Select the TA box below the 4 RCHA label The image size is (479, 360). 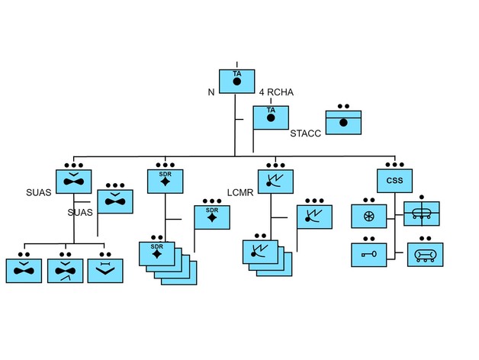tap(271, 117)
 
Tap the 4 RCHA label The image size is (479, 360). tap(275, 92)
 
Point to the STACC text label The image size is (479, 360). tap(307, 133)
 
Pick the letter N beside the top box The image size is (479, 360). tap(211, 92)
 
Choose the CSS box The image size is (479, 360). tap(394, 180)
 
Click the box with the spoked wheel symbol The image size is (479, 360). tap(369, 217)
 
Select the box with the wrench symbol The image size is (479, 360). tap(369, 253)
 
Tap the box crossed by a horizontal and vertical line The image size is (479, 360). tap(421, 214)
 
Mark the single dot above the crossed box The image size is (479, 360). tap(421, 197)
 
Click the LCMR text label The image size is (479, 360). tap(239, 191)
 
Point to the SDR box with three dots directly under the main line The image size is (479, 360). tap(165, 180)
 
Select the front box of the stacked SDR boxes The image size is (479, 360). tap(156, 253)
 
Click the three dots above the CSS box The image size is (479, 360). tap(394, 164)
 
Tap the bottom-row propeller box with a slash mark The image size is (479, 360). tap(65, 271)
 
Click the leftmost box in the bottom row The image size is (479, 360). tap(24, 271)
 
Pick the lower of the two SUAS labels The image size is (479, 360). tap(80, 212)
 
